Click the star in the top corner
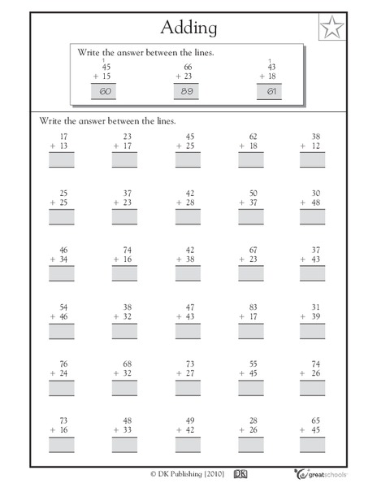[329, 29]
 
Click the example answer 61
[271, 92]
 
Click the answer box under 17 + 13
[61, 160]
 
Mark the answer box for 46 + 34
[61, 273]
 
